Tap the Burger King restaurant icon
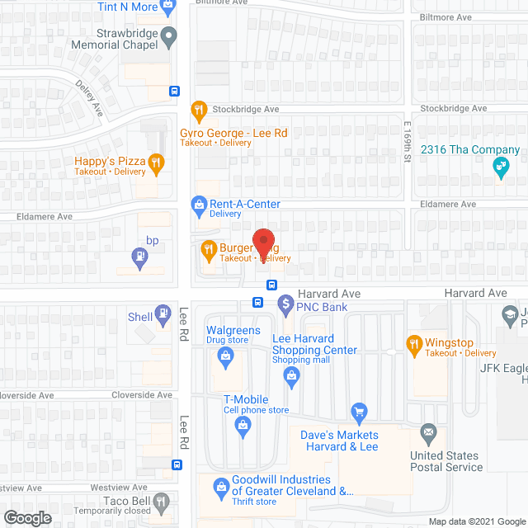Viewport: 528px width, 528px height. [209, 247]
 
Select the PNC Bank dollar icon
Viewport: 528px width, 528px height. [285, 304]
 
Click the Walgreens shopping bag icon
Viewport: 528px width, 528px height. [224, 356]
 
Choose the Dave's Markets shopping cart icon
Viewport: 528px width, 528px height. [358, 411]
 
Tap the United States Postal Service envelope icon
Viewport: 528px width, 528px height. [427, 431]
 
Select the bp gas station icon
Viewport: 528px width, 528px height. [140, 257]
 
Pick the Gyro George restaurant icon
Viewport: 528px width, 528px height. [198, 110]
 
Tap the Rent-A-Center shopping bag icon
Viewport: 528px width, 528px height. [198, 204]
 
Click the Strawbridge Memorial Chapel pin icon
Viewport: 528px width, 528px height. [169, 35]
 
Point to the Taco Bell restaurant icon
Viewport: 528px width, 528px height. [161, 501]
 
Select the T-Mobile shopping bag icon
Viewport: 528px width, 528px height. [243, 425]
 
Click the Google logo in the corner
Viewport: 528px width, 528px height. [27, 517]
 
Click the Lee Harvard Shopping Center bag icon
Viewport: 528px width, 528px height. [290, 376]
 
